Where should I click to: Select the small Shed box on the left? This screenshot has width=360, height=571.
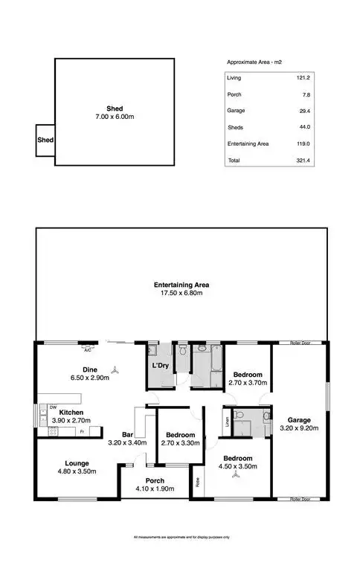[45, 139]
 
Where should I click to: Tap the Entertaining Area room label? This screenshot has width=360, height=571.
[181, 285]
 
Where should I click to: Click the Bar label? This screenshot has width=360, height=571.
[127, 435]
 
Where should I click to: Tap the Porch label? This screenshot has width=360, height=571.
[155, 481]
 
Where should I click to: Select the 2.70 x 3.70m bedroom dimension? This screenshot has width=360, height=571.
[248, 383]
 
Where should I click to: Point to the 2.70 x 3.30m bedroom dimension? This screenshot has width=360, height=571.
[181, 444]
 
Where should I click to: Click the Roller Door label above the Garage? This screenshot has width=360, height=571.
[300, 343]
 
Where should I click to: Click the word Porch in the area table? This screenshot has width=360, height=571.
[234, 94]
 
